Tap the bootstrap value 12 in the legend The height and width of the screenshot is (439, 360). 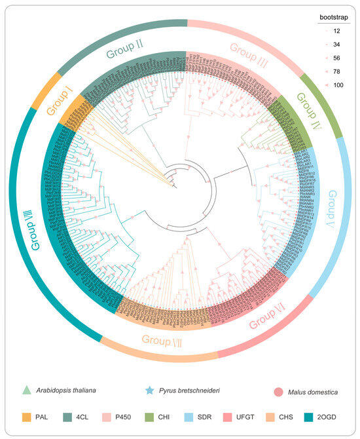[335, 31]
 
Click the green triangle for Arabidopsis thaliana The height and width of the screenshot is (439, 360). [26, 391]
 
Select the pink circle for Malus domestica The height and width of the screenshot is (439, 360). [278, 391]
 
